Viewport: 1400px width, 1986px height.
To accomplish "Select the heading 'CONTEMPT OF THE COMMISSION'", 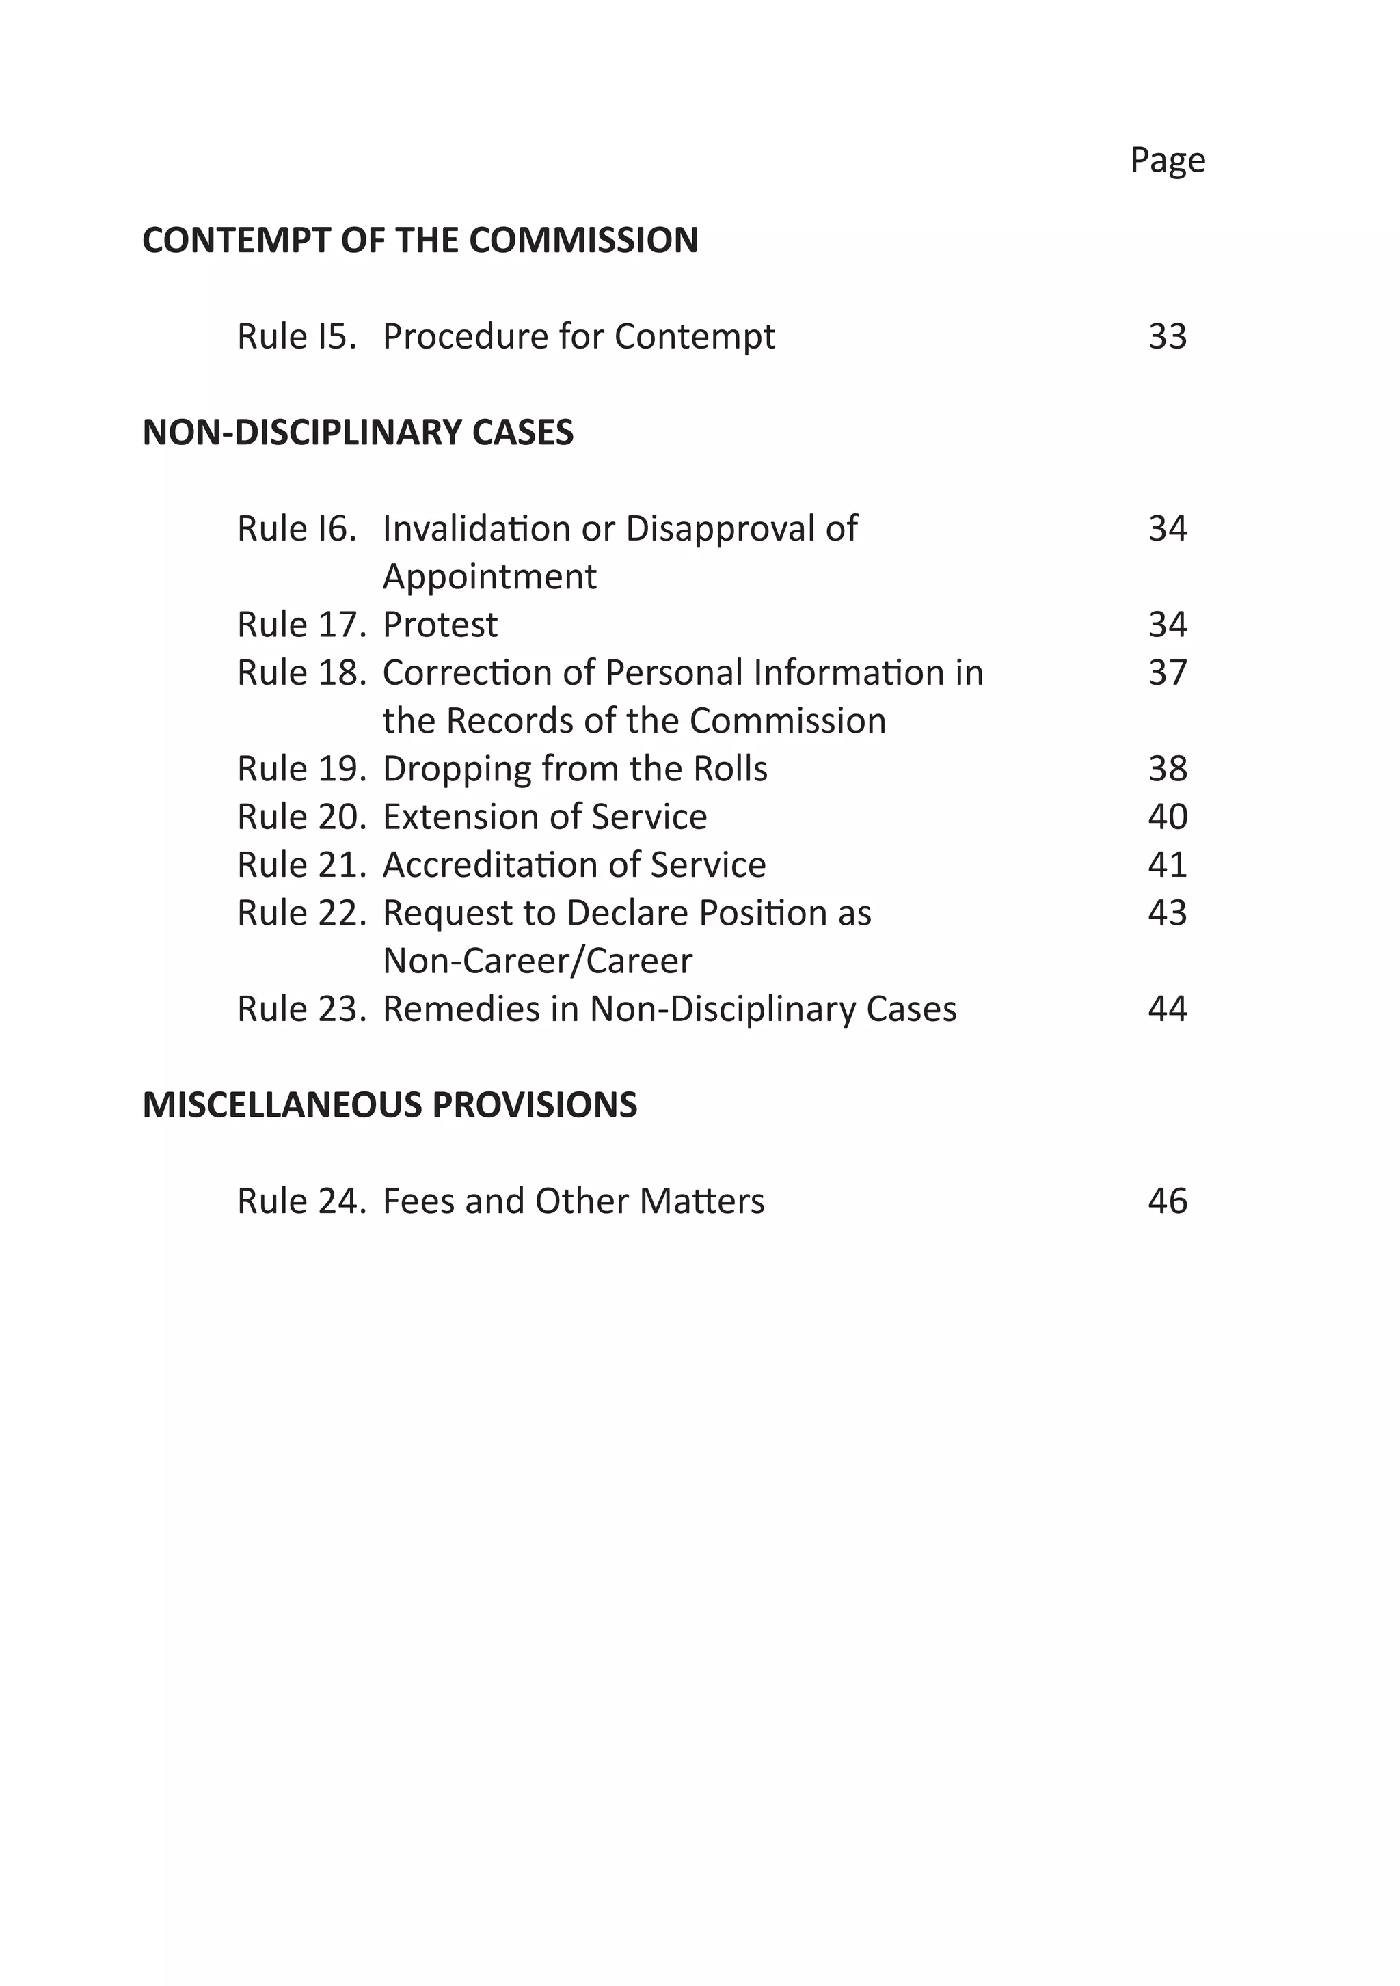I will (420, 241).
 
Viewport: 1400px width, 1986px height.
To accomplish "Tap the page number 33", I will (1168, 336).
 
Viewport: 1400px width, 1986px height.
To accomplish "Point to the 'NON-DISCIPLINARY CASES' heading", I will (358, 433).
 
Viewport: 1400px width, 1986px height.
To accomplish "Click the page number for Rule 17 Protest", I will (1168, 625).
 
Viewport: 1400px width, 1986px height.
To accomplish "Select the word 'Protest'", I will (440, 625).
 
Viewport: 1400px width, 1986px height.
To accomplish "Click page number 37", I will (1168, 673).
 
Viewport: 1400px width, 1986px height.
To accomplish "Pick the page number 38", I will (1168, 769).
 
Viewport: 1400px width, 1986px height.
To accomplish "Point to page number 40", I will (1168, 817).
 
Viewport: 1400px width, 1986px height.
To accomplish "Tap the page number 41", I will (1168, 865).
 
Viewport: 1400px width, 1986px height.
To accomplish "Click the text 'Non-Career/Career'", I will (537, 961).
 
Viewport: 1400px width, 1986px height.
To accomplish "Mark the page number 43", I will (1168, 914).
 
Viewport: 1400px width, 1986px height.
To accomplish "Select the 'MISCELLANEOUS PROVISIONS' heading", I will (390, 1106).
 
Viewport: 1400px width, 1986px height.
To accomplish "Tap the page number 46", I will (1168, 1201).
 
